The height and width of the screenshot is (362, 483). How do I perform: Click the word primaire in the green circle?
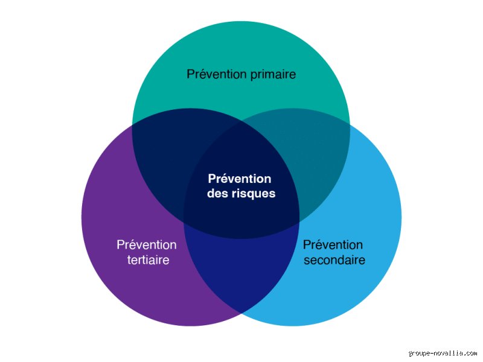(x=273, y=75)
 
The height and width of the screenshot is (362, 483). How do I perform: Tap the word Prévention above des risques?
(x=240, y=179)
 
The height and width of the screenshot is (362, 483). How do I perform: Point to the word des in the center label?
(x=217, y=193)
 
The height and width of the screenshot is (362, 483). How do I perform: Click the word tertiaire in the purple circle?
(x=148, y=260)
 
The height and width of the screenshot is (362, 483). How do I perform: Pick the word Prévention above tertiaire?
(x=147, y=245)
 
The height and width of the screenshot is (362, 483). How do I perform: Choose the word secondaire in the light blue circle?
(x=334, y=260)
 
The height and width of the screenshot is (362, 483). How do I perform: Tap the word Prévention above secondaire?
(x=333, y=245)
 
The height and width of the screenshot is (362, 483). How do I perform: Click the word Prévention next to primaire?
(x=217, y=74)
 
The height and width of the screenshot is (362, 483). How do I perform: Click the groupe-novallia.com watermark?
(x=443, y=353)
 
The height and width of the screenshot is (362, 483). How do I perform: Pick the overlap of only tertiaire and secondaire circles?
(x=241, y=271)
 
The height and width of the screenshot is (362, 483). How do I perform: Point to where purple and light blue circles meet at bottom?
(x=241, y=313)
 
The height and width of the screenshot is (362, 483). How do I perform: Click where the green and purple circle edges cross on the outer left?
(x=132, y=124)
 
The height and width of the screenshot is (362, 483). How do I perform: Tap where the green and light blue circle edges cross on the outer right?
(x=350, y=124)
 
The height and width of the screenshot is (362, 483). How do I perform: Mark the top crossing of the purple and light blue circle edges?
(x=241, y=121)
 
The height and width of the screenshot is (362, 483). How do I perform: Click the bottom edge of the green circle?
(x=241, y=239)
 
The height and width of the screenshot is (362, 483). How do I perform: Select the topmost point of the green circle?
(x=241, y=21)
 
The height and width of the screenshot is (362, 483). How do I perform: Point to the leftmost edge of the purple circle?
(x=82, y=217)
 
